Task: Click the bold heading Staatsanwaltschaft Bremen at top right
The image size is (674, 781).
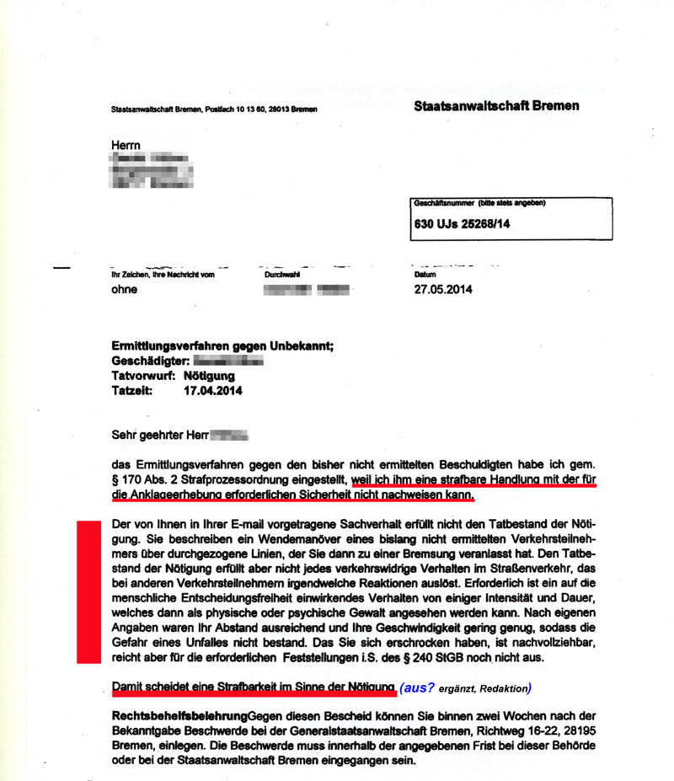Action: click(496, 105)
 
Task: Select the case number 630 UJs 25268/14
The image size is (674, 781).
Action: click(463, 225)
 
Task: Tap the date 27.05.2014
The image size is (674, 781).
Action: click(443, 289)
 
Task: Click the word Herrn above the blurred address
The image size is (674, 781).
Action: click(126, 146)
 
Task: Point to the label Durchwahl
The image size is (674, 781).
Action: click(281, 275)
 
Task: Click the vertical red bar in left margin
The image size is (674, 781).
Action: click(88, 591)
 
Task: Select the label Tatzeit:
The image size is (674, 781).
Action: click(132, 391)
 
